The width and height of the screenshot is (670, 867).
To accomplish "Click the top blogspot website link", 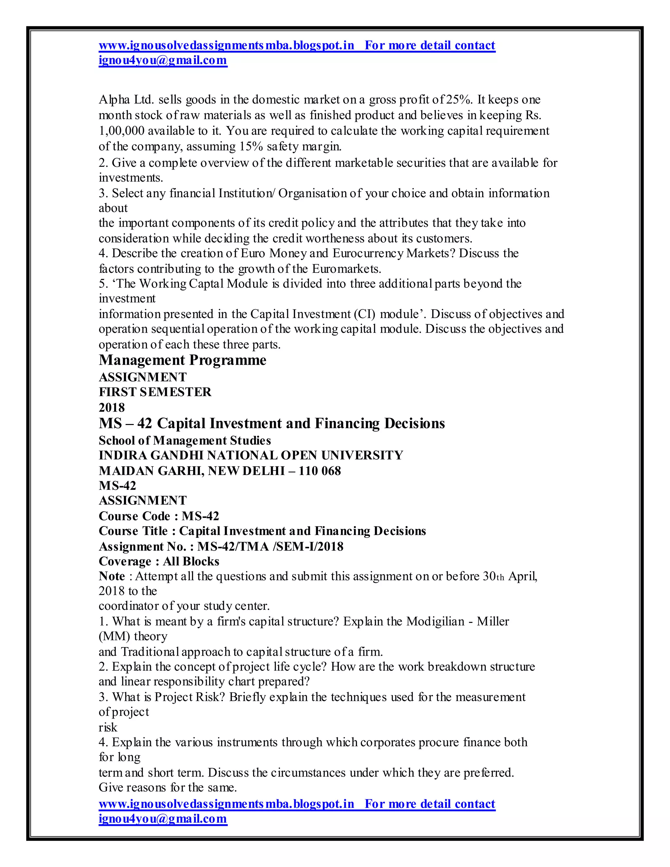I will point(226,45).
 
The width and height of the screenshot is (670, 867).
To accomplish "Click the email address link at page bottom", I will point(163,819).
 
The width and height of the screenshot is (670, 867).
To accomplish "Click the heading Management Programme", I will point(183,360).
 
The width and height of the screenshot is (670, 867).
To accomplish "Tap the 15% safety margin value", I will point(251,147).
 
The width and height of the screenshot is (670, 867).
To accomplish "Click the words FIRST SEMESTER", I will point(155,392).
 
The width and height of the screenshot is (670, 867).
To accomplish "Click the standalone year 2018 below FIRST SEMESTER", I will point(112,407).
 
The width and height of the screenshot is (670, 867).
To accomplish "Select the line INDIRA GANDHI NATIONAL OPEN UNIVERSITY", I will point(251,455).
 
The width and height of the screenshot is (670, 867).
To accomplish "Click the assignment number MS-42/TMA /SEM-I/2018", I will point(270,547).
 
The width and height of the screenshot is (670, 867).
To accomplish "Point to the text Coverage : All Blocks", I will point(159,561).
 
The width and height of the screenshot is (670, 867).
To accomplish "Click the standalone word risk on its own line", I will point(108,727).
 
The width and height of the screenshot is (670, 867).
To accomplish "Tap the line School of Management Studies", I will point(185,440).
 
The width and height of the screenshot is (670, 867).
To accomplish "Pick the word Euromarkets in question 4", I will point(346,269).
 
